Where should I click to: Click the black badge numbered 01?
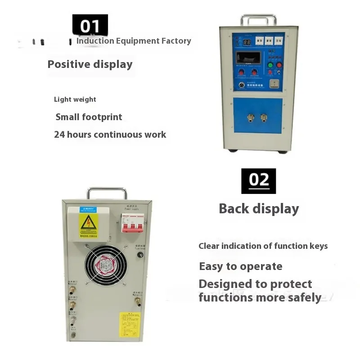[x=90, y=26]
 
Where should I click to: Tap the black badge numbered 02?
[x=258, y=181]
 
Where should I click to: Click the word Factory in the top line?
[x=176, y=41]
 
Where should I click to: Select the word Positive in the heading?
[x=69, y=64]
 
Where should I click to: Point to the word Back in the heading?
[x=234, y=209]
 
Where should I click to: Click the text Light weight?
[x=75, y=99]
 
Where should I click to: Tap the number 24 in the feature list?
[x=59, y=135]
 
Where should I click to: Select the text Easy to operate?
[x=240, y=266]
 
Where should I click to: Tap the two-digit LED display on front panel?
[x=247, y=41]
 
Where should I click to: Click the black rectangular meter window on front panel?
[x=249, y=58]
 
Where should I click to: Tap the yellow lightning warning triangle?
[x=88, y=221]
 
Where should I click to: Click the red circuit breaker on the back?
[x=132, y=223]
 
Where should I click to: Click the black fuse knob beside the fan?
[x=140, y=255]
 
